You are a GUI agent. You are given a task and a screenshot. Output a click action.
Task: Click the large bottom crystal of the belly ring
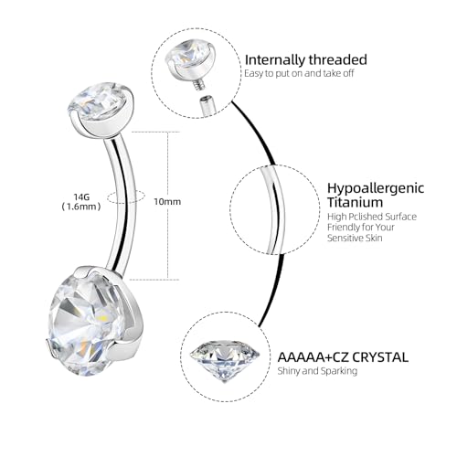click(86, 324)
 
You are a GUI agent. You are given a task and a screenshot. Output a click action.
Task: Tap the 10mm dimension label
click(167, 202)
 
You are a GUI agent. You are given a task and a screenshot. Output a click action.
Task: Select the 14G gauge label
click(81, 197)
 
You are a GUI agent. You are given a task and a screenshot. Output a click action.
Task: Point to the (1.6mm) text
click(81, 207)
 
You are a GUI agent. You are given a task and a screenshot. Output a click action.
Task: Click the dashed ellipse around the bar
click(126, 197)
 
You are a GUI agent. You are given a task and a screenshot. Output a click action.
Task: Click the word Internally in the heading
click(274, 60)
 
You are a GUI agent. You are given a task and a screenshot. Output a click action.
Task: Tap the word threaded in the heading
click(337, 59)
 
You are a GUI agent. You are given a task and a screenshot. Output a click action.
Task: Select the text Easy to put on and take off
click(299, 73)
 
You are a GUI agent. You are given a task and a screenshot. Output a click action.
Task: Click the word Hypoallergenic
click(376, 188)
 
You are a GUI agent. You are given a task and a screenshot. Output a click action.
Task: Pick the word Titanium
click(355, 202)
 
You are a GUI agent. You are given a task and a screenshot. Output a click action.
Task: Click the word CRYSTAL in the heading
click(380, 357)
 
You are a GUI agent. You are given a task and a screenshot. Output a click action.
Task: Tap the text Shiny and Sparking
click(317, 371)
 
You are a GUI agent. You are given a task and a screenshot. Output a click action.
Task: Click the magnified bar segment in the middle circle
click(273, 210)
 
